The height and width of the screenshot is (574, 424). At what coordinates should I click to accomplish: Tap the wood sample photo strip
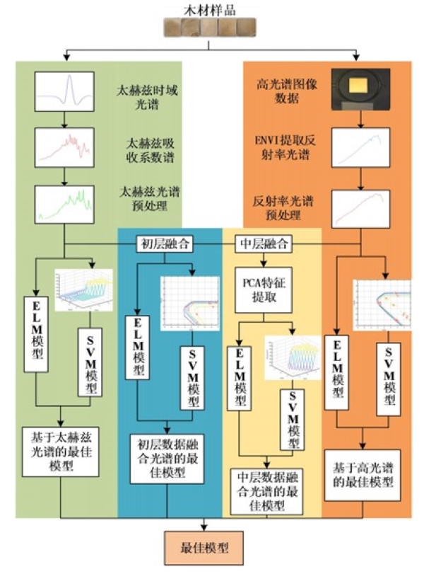(210, 28)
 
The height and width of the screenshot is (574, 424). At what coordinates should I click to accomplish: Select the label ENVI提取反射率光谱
(283, 150)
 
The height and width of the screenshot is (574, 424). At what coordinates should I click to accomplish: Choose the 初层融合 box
(165, 244)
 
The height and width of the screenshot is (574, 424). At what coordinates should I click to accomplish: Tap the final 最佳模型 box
(204, 549)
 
